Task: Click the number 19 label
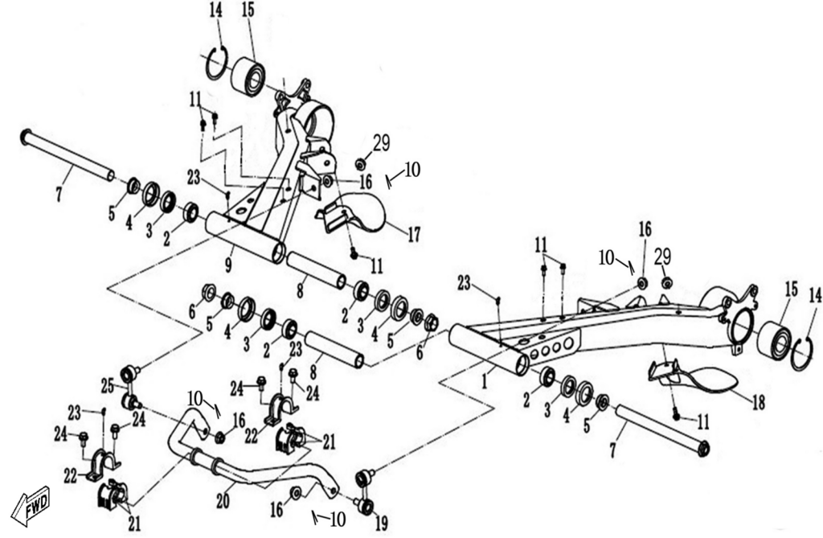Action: (x=381, y=519)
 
